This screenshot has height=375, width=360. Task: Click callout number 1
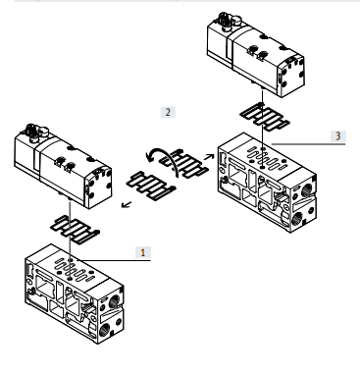point(143,252)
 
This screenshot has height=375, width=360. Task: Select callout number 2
point(168,112)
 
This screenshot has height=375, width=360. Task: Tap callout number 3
point(338,135)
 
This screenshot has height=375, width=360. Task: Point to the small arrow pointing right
point(209,157)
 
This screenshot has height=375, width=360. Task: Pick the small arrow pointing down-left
point(127,205)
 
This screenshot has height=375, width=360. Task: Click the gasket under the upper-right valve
point(265,117)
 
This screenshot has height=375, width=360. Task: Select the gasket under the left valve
point(75,230)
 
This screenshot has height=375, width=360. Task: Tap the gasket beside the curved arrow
point(184,164)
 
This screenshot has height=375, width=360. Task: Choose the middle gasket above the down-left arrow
point(151,186)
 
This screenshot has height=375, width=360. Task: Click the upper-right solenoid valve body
point(256,54)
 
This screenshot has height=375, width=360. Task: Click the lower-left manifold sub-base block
point(75,294)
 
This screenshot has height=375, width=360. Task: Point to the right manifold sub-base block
point(267,183)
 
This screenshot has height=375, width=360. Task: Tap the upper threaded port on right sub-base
point(307,189)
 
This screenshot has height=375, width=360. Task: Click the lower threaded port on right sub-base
point(299,217)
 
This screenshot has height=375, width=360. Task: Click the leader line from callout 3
point(308,144)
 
